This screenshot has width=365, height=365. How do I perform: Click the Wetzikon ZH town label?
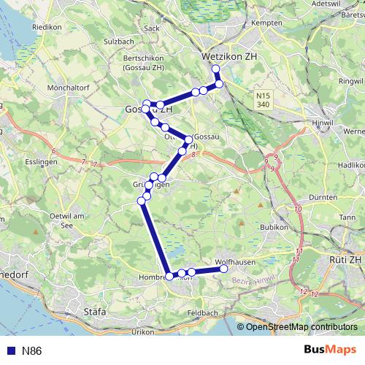228,55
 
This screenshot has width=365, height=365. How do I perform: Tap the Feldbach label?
202,312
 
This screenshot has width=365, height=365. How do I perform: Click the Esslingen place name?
40,161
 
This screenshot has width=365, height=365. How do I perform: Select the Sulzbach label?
119,42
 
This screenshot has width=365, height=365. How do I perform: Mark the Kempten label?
266,23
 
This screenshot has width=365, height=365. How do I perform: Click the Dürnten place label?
323,197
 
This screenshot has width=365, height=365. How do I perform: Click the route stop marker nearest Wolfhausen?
224,269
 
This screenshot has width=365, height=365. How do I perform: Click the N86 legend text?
31,351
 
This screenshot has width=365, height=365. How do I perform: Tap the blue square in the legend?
10,351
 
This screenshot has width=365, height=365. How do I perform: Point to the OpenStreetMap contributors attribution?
301,327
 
